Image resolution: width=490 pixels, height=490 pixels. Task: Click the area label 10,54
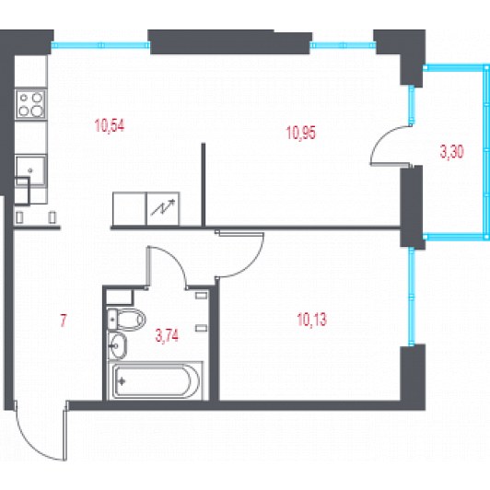click(110, 125)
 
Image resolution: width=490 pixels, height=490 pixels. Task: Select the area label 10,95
click(301, 133)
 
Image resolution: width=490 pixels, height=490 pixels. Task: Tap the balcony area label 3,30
click(452, 152)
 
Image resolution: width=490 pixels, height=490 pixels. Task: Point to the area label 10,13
click(312, 320)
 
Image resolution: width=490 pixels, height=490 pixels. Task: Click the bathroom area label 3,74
click(167, 335)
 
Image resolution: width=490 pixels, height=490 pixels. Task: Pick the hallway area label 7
click(64, 321)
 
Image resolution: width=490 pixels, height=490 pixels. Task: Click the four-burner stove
click(30, 104)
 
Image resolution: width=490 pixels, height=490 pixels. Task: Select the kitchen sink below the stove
click(30, 170)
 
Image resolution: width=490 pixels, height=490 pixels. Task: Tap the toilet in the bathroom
click(126, 320)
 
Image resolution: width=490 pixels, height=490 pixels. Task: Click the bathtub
click(156, 381)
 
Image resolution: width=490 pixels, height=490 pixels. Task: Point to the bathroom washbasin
click(117, 345)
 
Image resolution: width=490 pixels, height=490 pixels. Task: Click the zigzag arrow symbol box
click(163, 208)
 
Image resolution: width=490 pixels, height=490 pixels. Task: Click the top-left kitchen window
click(100, 45)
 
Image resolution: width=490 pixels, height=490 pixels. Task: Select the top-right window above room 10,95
click(344, 45)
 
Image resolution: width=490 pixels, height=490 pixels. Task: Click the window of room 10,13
click(412, 297)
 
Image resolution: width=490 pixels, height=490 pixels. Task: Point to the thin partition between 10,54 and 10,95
click(204, 185)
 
